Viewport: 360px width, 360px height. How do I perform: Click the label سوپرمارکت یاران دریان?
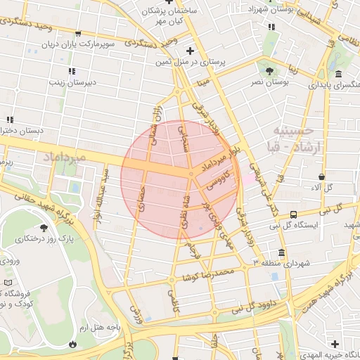(x=70, y=44)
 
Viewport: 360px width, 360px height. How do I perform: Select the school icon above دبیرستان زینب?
(x=71, y=71)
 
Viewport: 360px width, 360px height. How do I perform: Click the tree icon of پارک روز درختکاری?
(x=44, y=227)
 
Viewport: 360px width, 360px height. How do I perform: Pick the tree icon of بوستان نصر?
(x=269, y=70)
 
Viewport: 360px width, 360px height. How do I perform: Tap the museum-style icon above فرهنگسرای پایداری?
(x=339, y=75)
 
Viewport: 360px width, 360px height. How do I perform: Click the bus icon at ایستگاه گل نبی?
(x=292, y=214)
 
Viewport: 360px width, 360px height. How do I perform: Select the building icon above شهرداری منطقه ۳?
(x=281, y=252)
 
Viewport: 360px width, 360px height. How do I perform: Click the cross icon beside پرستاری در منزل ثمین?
(x=191, y=51)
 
